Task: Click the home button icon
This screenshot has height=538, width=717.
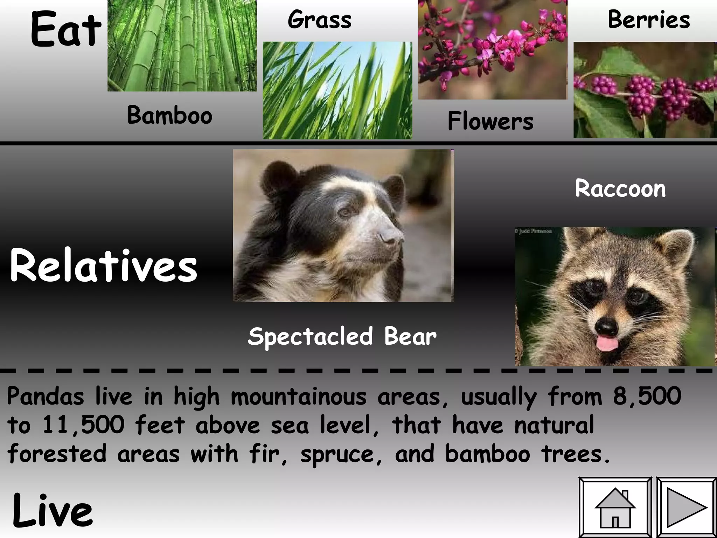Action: coord(615,508)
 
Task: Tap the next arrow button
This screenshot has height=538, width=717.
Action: coord(686,508)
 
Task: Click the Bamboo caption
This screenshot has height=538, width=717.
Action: coord(170,115)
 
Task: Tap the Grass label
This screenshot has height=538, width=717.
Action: coord(319,20)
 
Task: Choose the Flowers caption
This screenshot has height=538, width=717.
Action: coord(490,121)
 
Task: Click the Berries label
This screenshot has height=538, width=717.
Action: coord(649,20)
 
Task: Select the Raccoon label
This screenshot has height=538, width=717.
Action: coord(620,188)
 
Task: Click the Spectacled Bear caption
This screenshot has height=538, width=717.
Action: coord(342,336)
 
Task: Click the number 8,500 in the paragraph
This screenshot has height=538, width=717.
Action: coord(647,396)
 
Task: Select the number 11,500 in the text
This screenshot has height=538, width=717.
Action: coord(83,425)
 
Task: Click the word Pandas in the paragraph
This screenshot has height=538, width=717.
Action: coord(46,396)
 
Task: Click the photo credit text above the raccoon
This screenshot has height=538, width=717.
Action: coord(534,231)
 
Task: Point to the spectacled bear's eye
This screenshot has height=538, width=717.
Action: coord(345,212)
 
